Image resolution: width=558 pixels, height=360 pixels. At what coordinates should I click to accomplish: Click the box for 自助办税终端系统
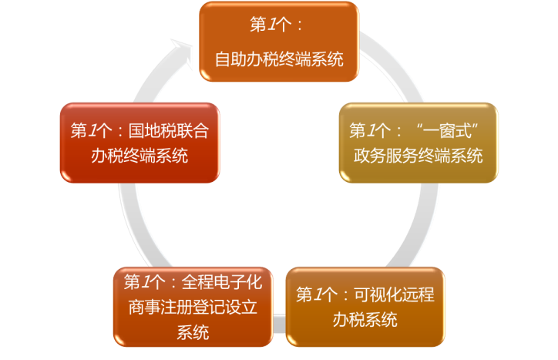279,42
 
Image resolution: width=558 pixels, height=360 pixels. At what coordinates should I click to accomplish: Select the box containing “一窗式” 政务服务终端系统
415,143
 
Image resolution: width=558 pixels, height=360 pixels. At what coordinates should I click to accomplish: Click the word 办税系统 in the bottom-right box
365,319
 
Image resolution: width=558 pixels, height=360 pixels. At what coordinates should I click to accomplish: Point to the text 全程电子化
225,281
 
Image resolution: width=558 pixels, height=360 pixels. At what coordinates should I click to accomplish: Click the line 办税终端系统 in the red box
139,156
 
